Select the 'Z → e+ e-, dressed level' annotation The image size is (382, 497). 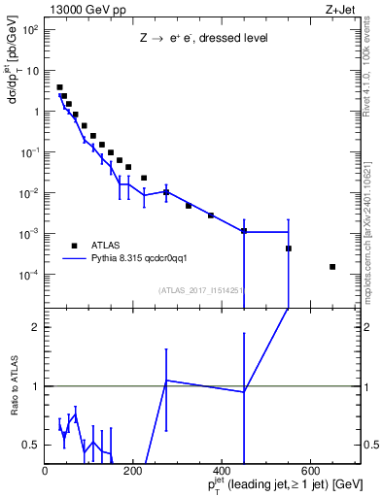click(202, 40)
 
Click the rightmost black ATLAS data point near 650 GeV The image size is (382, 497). click(332, 267)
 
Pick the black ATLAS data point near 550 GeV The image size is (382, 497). click(289, 248)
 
